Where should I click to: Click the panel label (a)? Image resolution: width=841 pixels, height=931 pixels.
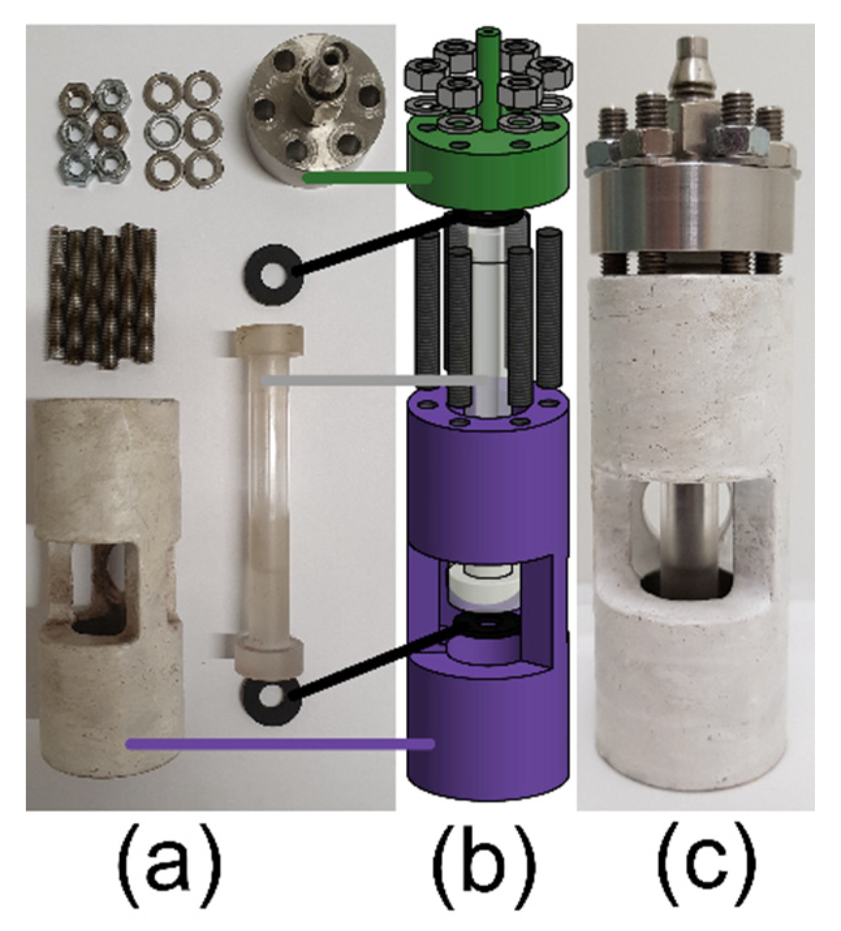click(x=169, y=859)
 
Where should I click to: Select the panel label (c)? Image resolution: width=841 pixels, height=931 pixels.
click(x=707, y=859)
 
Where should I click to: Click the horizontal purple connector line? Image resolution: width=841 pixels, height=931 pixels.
click(x=280, y=743)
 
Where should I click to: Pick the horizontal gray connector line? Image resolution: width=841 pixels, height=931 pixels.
click(x=378, y=380)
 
